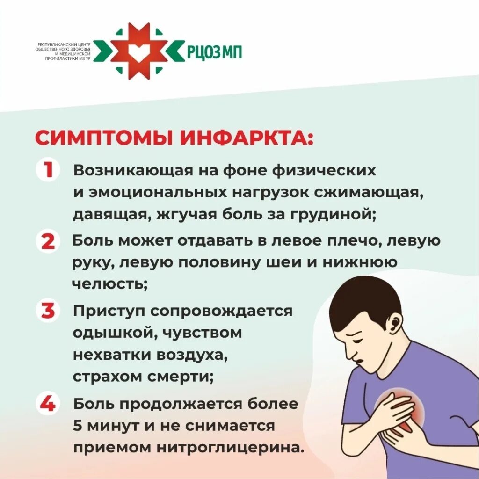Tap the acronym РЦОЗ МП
click(x=215, y=51)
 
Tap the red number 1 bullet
click(x=48, y=171)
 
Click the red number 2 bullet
click(x=48, y=241)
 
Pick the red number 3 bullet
click(x=48, y=311)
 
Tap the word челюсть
click(x=109, y=284)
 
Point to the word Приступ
click(x=107, y=311)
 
